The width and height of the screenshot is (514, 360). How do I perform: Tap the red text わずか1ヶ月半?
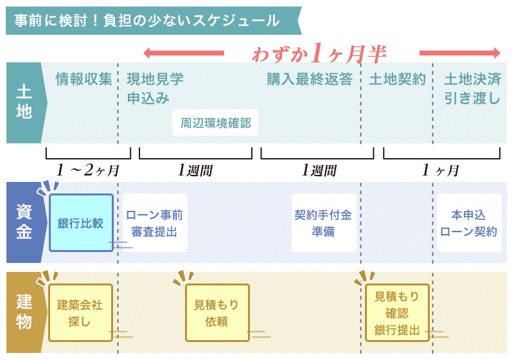pos(319,53)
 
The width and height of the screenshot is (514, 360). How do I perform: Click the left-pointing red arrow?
pos(184,53)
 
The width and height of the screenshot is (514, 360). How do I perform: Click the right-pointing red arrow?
pos(459,53)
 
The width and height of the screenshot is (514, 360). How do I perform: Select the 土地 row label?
pos(23,103)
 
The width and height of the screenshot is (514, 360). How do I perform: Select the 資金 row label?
pos(23,222)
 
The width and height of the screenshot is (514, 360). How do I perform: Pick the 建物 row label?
pos(23,312)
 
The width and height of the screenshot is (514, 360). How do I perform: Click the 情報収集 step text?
pos(84,80)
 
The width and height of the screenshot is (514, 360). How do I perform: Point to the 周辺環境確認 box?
pos(215,122)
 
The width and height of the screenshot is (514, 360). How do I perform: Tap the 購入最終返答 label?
pos(310,80)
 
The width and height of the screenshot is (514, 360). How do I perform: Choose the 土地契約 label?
pos(397,80)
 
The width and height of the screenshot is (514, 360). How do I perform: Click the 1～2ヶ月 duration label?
pos(88,170)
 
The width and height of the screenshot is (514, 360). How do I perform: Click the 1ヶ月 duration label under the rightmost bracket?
pos(441,170)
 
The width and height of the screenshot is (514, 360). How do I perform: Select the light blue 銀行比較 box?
pos(81,222)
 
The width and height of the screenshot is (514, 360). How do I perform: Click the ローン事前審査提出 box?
pos(154,223)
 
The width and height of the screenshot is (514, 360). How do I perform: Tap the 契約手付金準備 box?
pos(324,223)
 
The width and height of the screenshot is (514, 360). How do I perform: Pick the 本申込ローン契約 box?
pos(469,223)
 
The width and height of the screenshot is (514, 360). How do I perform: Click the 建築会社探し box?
pos(80,312)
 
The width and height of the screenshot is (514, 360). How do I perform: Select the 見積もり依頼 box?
pos(217,312)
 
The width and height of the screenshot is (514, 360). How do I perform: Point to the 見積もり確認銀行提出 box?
pos(397,313)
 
